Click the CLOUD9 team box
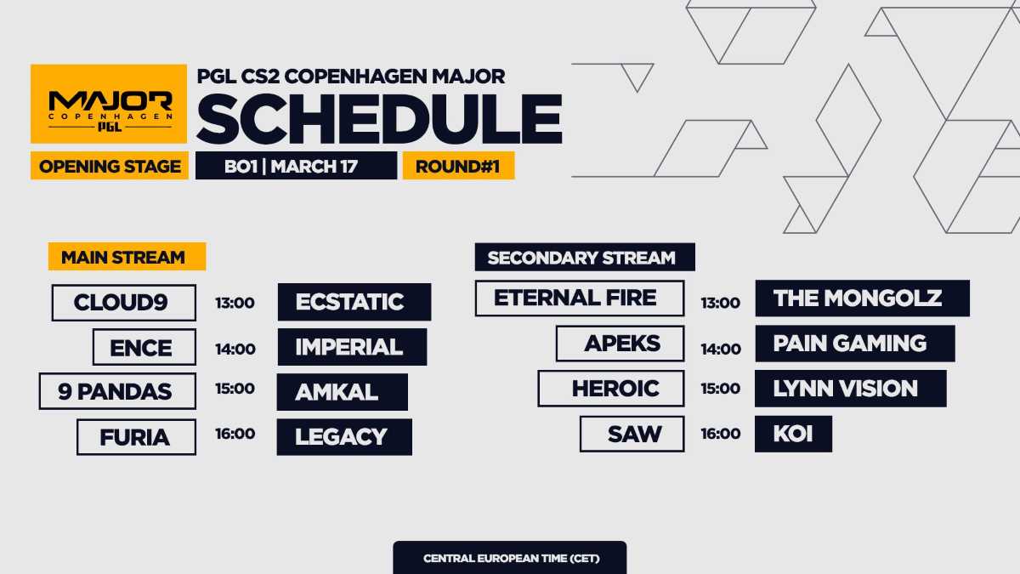[124, 303]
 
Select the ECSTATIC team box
[354, 303]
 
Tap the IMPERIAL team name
[352, 347]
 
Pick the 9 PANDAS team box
[117, 391]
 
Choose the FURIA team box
[136, 437]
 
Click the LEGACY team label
[343, 437]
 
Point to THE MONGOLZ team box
[861, 298]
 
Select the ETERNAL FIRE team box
[579, 298]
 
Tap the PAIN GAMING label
[853, 344]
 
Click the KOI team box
[792, 434]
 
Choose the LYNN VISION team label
[849, 389]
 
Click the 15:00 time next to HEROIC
[720, 389]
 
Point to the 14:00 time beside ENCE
[235, 348]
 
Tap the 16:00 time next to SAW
[720, 434]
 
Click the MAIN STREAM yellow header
[127, 257]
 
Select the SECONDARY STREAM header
[585, 257]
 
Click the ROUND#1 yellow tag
[458, 166]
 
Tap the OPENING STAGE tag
[110, 166]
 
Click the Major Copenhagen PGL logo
[110, 105]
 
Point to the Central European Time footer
[509, 559]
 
